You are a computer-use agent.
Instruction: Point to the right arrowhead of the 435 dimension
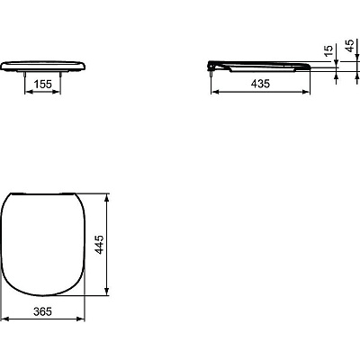310,90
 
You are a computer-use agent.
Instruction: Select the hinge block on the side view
212,64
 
